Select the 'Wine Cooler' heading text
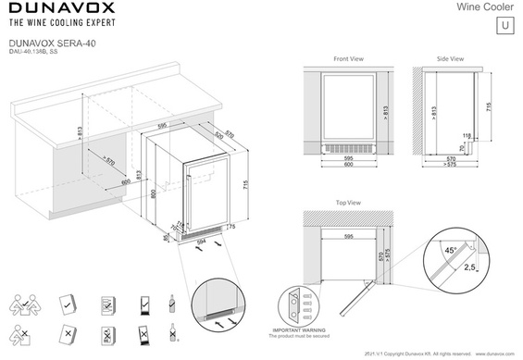pyautogui.click(x=484, y=7)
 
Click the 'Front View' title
pyautogui.click(x=349, y=58)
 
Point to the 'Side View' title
pyautogui.click(x=450, y=58)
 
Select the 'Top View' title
pyautogui.click(x=348, y=201)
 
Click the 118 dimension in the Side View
pyautogui.click(x=467, y=136)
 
